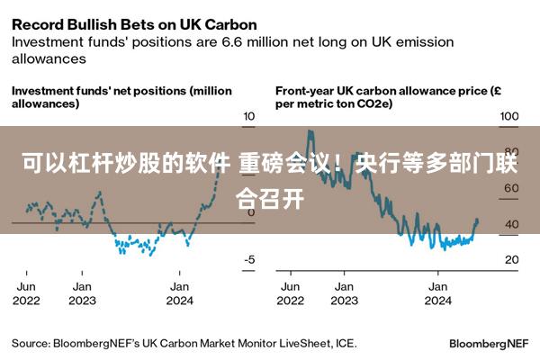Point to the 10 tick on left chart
(249, 117)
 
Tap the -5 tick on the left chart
(249, 260)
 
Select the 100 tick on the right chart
(509, 117)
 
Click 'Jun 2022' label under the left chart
(26, 293)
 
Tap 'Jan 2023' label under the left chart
(82, 293)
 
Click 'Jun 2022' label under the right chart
(291, 293)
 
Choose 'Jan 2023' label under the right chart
(344, 293)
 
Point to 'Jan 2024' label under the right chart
(439, 293)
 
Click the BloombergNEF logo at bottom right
(488, 344)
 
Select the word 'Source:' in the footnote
(31, 343)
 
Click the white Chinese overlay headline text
(270, 179)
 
